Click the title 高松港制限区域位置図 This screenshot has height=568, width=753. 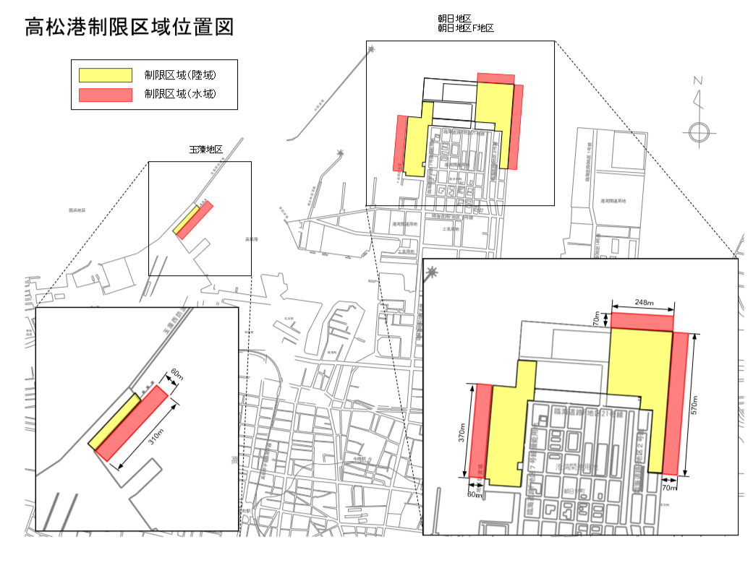point(129,27)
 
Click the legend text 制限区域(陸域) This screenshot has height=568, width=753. point(181,75)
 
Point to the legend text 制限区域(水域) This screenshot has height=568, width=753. point(181,95)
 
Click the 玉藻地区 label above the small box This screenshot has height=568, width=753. point(205,150)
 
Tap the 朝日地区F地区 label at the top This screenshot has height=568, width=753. point(466,28)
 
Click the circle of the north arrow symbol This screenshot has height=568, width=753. point(698,132)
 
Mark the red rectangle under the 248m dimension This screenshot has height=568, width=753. point(642,322)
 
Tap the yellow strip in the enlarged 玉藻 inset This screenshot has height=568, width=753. point(114,421)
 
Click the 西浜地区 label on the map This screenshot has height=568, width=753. point(77,210)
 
